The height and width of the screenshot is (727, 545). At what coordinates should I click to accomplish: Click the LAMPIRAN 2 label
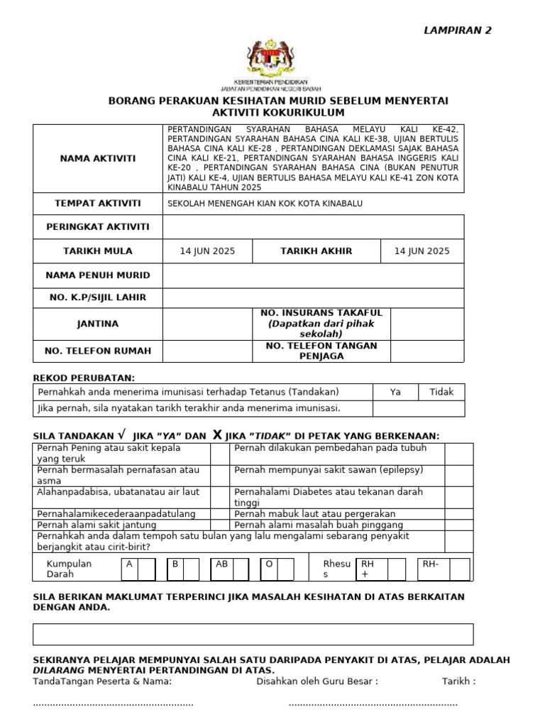(x=457, y=30)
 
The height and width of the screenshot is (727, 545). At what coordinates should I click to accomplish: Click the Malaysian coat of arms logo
(x=277, y=60)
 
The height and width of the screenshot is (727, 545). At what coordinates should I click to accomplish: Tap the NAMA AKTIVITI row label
(x=98, y=158)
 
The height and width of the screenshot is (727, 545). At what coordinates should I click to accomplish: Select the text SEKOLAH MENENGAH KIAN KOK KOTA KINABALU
(x=265, y=204)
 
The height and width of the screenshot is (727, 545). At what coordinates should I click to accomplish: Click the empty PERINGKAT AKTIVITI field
(x=313, y=226)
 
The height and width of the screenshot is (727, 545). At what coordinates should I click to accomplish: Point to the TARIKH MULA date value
(x=207, y=251)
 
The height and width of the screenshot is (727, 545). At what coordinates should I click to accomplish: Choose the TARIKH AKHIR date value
(x=422, y=251)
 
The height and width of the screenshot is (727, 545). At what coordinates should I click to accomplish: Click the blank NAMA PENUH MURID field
(x=313, y=275)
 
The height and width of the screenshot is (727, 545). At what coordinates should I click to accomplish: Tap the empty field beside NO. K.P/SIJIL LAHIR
(x=313, y=298)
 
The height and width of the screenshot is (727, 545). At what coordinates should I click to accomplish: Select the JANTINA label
(x=98, y=324)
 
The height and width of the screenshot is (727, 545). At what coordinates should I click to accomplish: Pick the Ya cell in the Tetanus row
(x=395, y=392)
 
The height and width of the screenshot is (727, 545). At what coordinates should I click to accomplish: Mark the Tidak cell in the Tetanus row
(x=441, y=392)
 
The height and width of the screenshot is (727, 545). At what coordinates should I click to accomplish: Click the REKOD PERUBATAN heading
(x=84, y=378)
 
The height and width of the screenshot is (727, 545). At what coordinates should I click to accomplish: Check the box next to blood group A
(x=147, y=569)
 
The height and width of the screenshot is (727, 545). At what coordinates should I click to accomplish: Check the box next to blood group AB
(x=241, y=569)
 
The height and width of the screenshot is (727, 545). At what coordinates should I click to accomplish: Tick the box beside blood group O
(x=285, y=569)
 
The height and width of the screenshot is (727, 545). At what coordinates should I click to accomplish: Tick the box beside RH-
(x=459, y=569)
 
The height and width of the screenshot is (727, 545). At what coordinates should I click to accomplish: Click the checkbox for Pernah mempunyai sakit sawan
(x=458, y=476)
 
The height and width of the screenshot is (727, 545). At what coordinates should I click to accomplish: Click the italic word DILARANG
(x=60, y=670)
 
